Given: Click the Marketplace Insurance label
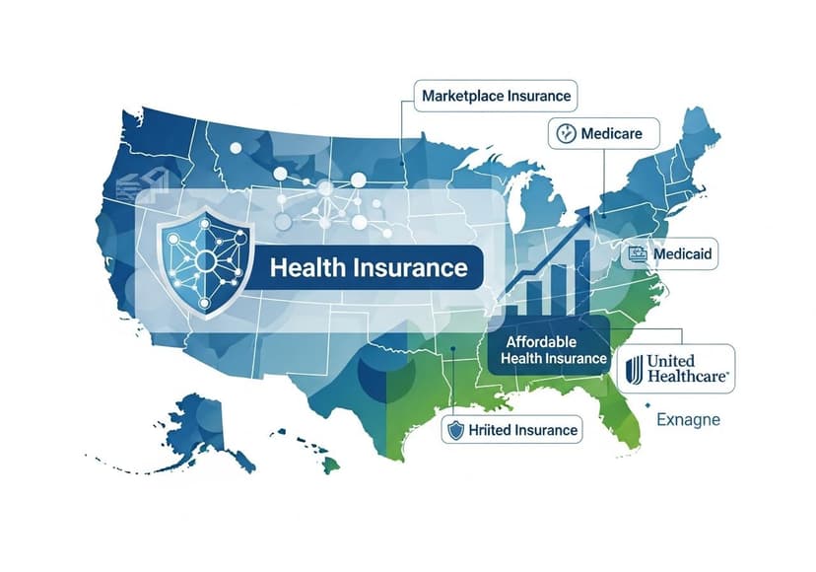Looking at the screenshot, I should pos(496,96).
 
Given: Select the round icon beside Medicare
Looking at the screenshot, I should pos(566,134).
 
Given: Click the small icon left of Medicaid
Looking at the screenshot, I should pos(639,254).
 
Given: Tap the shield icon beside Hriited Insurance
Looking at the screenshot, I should pos(455,430).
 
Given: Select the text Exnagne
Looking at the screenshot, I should pos(688,420).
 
